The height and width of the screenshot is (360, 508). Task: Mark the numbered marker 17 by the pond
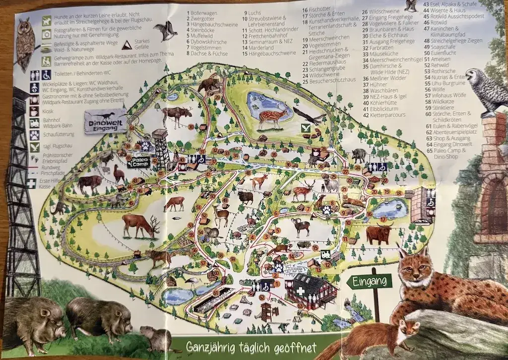tap(383, 219)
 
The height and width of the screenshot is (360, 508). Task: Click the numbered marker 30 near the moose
tap(190, 127)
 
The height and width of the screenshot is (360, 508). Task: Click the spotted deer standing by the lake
tap(271, 117)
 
